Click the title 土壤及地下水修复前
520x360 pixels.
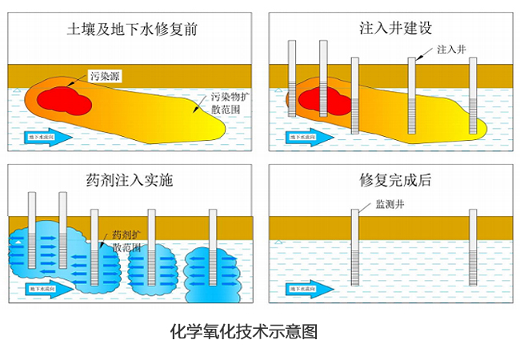coord(133,30)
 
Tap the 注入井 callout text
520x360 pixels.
coord(450,50)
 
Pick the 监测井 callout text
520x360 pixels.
coord(391,206)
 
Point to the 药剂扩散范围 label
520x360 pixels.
coord(126,241)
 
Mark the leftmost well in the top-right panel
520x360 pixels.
coord(293,80)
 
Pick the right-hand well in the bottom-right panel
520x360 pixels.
coord(473,248)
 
